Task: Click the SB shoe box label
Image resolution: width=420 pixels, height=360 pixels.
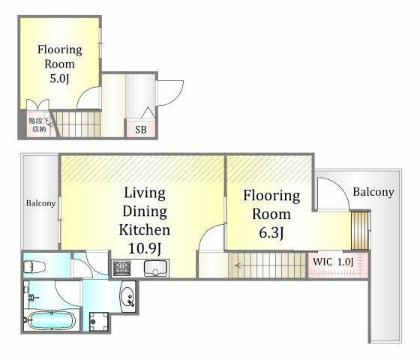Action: (x=141, y=130)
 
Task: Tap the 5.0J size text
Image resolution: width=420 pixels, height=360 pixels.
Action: (x=59, y=79)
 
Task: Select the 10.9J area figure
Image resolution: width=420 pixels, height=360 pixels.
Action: (x=145, y=248)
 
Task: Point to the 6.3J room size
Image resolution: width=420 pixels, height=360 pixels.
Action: (x=271, y=232)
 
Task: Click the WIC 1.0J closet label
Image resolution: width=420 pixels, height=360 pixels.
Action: (x=333, y=262)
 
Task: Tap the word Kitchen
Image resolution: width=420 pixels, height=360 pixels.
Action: (x=144, y=229)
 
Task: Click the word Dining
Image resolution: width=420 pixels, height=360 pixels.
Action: (x=145, y=211)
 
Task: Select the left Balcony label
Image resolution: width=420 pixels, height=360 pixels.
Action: (x=40, y=203)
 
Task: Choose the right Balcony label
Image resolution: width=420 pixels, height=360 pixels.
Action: (x=373, y=192)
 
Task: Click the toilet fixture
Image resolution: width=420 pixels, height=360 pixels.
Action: (x=34, y=267)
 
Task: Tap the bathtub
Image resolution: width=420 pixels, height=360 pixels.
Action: (x=51, y=320)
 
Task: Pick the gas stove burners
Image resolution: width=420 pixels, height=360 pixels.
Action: (x=121, y=268)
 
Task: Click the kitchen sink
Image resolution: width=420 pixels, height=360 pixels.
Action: (x=155, y=268)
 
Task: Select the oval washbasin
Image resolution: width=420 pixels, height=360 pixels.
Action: (x=128, y=296)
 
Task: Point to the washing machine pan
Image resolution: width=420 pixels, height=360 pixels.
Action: (x=98, y=322)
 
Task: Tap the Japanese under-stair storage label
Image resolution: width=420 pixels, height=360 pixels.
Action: (x=39, y=124)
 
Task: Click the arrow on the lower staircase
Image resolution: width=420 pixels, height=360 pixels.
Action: (x=239, y=265)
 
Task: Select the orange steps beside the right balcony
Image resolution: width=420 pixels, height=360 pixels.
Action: (x=360, y=230)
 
